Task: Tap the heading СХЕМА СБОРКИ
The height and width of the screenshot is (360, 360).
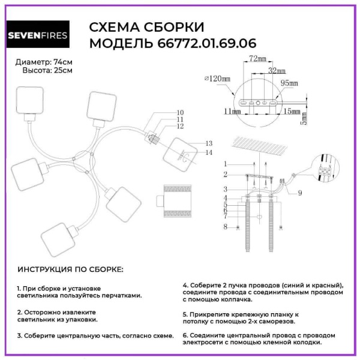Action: (146, 28)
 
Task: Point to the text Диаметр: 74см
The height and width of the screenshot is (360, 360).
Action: (44, 62)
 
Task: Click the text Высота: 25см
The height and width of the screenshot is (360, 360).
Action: (48, 70)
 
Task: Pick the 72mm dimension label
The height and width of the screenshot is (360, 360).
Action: (257, 59)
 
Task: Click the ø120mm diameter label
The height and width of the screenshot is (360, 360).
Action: (217, 79)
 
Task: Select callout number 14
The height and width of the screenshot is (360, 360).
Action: (209, 153)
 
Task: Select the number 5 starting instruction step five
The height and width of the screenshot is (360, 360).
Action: (185, 314)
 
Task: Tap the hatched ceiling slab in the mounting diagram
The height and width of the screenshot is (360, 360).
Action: (265, 145)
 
